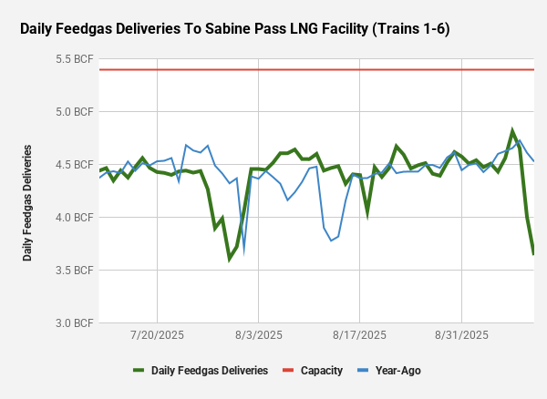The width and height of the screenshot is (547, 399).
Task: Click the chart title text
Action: (234, 29)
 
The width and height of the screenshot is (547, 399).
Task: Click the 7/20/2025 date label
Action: (157, 335)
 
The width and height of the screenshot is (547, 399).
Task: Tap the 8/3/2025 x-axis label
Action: (258, 335)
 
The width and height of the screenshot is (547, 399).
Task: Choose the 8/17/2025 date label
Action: (360, 335)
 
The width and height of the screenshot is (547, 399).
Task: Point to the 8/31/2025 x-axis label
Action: (461, 335)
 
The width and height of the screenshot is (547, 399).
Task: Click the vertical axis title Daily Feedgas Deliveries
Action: (28, 201)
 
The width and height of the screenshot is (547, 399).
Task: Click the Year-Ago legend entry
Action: (395, 371)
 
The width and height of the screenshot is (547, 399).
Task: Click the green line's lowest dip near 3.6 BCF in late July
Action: (230, 260)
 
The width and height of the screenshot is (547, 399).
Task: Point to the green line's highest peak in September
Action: (512, 130)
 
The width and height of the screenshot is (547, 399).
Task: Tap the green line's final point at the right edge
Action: (533, 254)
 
